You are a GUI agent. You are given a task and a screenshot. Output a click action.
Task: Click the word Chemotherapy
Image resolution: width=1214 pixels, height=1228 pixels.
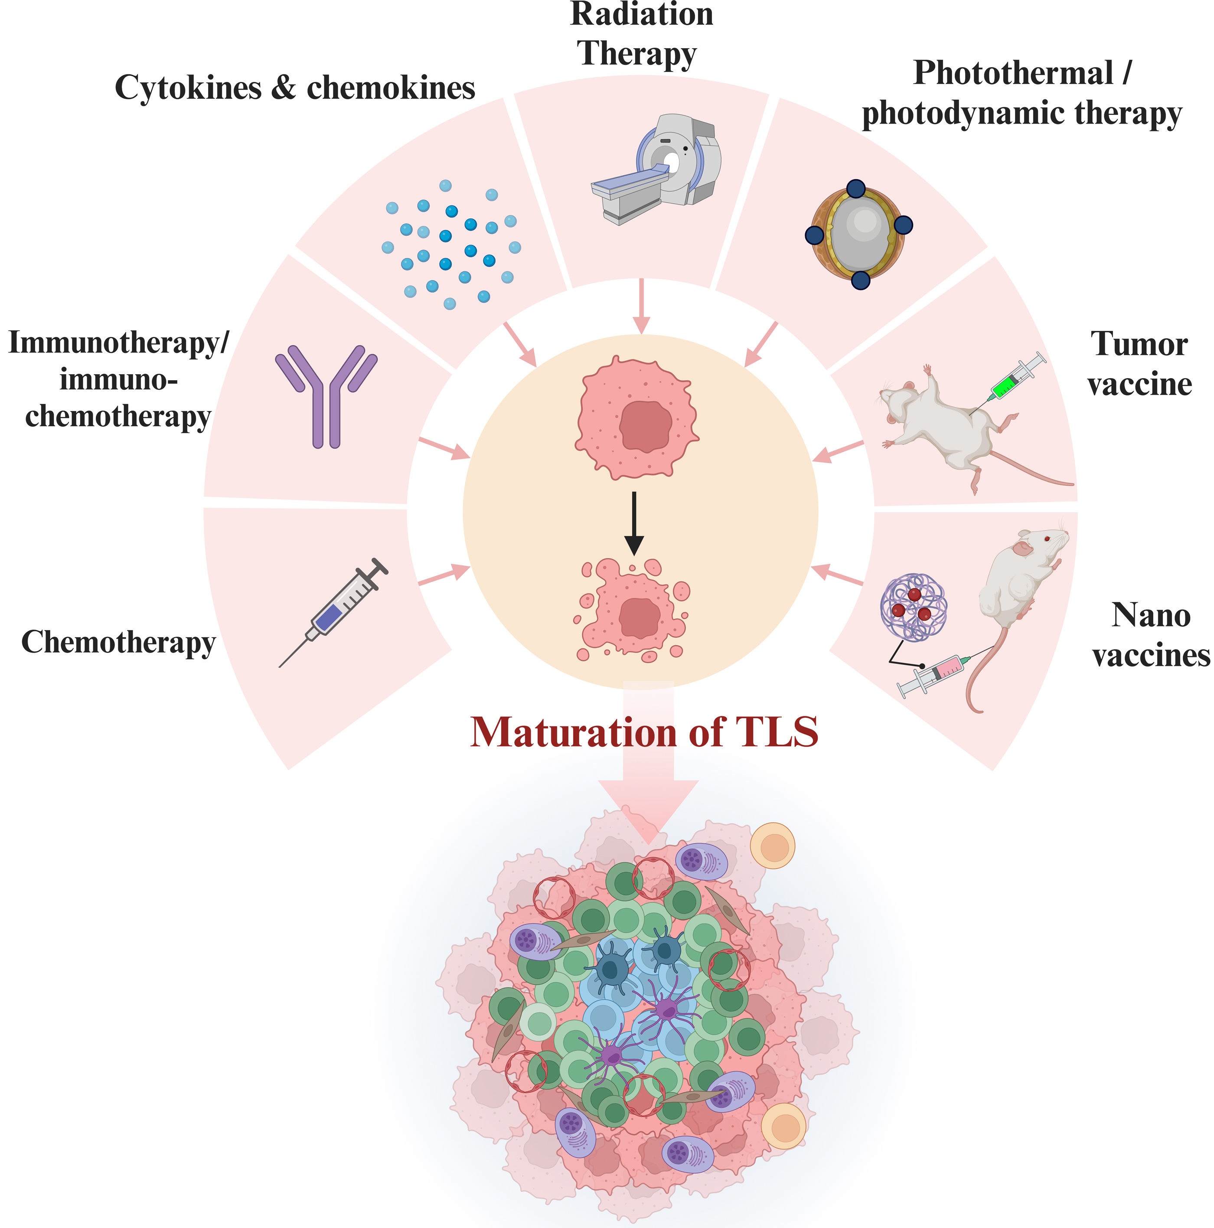click(119, 643)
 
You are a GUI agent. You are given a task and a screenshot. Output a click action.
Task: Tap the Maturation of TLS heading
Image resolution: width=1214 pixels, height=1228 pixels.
click(643, 732)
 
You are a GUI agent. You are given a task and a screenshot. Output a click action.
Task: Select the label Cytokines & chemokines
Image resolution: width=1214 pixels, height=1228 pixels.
click(295, 88)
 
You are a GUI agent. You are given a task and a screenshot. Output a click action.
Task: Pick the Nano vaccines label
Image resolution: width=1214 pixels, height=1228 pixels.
click(1150, 635)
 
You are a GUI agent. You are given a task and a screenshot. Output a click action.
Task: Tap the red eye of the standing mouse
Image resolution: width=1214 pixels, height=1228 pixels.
click(1047, 539)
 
